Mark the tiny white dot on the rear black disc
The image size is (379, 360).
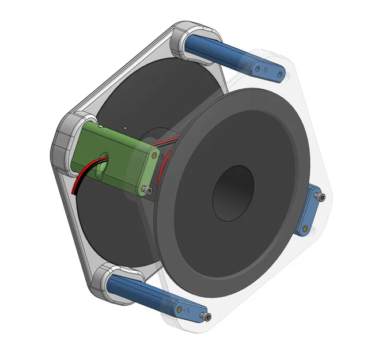point(125,127)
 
